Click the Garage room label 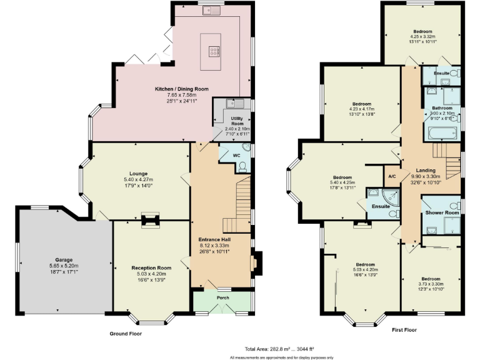pyautogui.click(x=64, y=259)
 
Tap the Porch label pyautogui.click(x=222, y=297)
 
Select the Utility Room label pyautogui.click(x=236, y=120)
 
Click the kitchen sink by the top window pyautogui.click(x=215, y=9)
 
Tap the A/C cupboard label pyautogui.click(x=392, y=176)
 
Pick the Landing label pyautogui.click(x=426, y=170)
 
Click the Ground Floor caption pyautogui.click(x=125, y=334)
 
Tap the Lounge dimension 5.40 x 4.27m pyautogui.click(x=138, y=180)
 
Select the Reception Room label pyautogui.click(x=151, y=267)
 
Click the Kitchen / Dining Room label pyautogui.click(x=182, y=89)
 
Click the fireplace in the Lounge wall pyautogui.click(x=150, y=220)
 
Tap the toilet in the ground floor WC pyautogui.click(x=242, y=166)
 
